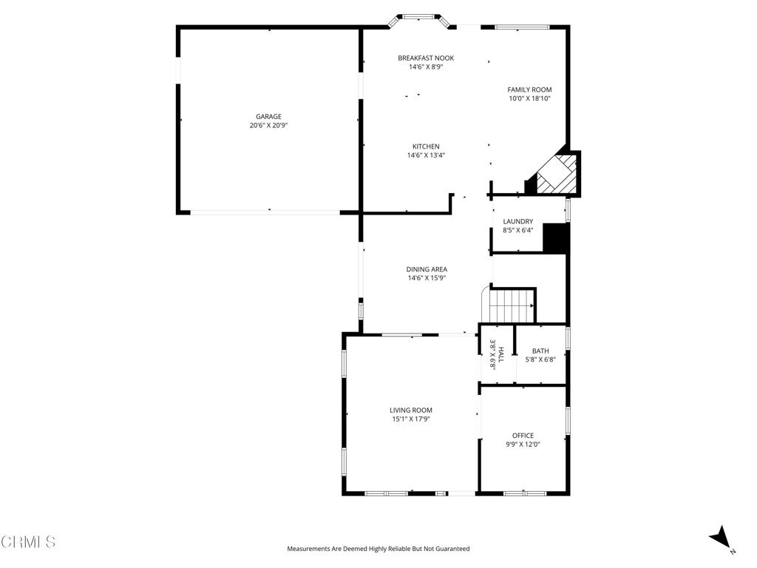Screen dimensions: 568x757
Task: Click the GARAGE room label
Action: (x=268, y=117)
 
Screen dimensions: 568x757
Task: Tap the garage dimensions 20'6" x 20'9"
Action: (x=268, y=126)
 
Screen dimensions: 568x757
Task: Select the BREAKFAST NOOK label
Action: (x=426, y=58)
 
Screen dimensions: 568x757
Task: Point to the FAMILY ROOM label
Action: (x=529, y=89)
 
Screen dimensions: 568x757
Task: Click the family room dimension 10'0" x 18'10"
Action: (x=529, y=98)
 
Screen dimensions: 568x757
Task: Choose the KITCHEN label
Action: (x=426, y=146)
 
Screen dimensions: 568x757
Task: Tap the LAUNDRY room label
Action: (x=517, y=221)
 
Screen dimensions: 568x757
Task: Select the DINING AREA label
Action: (x=427, y=269)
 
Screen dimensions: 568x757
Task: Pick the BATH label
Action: (x=540, y=351)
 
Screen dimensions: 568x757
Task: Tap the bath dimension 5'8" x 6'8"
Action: (x=540, y=360)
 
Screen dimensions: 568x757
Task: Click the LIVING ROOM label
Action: (x=411, y=410)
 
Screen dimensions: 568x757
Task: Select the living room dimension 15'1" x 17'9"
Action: (x=411, y=419)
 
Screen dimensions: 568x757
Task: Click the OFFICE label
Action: (x=523, y=436)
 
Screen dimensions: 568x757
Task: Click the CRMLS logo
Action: (x=28, y=542)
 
